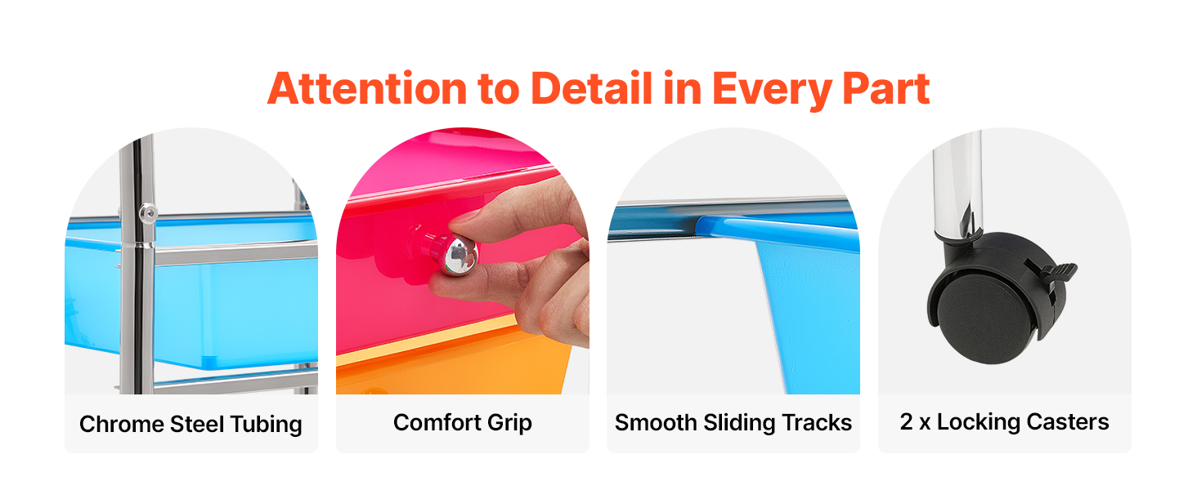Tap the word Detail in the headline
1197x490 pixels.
coord(592,87)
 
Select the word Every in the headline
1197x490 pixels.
coord(772,91)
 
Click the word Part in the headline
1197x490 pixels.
coord(886,88)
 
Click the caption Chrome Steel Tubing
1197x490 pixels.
coord(191,425)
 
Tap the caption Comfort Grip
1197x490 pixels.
coord(463,423)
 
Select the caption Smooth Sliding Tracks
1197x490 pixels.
coord(733,423)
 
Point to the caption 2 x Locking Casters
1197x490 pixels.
coord(1005,422)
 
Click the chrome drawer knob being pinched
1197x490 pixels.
coord(459,255)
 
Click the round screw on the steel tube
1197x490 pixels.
coord(147,213)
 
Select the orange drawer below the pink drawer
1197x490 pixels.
coord(455,363)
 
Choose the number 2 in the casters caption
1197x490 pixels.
coord(906,421)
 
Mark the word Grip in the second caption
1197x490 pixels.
coord(509,423)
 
